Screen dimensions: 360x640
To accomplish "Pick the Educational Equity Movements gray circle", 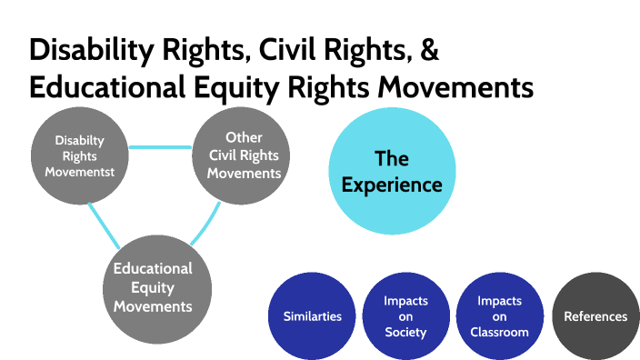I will [x=153, y=286].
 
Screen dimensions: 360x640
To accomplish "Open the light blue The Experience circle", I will [x=391, y=172].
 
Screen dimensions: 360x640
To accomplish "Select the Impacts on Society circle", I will [x=405, y=316].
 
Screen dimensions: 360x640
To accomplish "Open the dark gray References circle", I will [x=595, y=316].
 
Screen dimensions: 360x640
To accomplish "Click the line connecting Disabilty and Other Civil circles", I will [x=161, y=146].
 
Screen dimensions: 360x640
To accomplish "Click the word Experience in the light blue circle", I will [x=392, y=185].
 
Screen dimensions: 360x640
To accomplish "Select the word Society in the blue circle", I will [x=405, y=332].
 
